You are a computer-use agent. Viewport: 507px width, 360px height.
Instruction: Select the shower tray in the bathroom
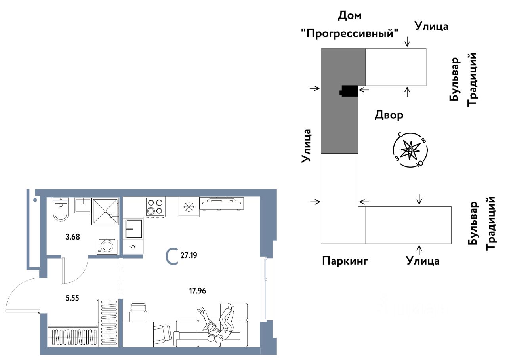tap(105, 211)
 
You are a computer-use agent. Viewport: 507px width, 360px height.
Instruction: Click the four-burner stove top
tap(155, 206)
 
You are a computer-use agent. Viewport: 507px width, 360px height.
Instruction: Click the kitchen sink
tap(133, 229)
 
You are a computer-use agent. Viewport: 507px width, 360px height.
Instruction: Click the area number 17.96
tap(198, 291)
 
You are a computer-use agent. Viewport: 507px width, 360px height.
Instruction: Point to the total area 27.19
tap(189, 255)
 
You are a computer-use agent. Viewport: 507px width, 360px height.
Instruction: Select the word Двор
tap(389, 115)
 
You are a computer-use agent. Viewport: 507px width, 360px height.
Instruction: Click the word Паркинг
tap(345, 261)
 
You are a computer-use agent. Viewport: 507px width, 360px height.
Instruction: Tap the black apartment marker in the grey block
tap(349, 91)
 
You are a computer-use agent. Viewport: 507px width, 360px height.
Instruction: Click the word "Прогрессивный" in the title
tap(349, 33)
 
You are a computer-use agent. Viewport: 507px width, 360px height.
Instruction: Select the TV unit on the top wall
tap(222, 203)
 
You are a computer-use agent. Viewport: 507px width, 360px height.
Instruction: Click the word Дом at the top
tap(350, 16)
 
